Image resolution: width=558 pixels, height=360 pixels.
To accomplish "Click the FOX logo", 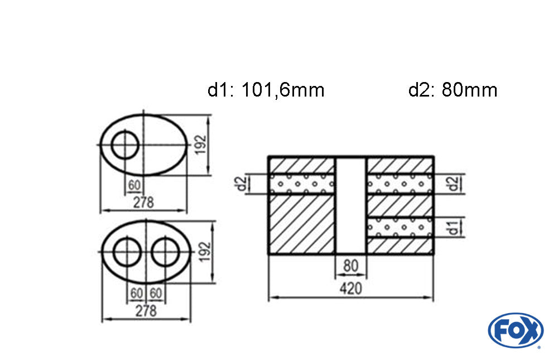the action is pos(515,330).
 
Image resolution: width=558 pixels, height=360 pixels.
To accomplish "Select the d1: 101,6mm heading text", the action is pos(266,90).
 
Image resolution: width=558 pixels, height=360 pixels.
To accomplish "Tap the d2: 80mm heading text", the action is pos(453,90).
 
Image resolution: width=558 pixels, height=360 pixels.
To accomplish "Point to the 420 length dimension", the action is pos(350,288).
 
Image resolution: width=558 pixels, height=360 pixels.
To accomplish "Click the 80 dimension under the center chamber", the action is pos(350,266).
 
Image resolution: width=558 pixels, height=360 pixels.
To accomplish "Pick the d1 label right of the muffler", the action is pos(453,228).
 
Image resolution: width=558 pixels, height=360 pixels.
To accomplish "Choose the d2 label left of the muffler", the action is pos(242,184).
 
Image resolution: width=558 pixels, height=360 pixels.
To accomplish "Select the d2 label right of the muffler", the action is pos(453,184).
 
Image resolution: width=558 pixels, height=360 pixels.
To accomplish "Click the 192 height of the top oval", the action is pos(201,144).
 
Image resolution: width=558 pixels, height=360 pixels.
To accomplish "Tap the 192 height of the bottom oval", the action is pos(205,252).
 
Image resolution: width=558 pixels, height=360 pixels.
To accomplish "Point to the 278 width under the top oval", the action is pos(143,202).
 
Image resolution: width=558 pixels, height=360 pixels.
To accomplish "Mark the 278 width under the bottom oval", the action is pos(146,310).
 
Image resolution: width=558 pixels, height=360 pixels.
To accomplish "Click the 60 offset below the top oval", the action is pos(134,185).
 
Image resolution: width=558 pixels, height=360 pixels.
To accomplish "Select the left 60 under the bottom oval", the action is pos(137,293).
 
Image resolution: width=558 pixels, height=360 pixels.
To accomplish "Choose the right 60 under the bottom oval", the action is pos(156,293).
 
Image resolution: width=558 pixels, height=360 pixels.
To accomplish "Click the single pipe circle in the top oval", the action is pos(124,131).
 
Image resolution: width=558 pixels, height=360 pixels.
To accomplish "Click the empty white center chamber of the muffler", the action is pos(351,205).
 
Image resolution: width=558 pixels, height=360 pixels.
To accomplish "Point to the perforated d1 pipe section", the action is pos(400,227).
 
